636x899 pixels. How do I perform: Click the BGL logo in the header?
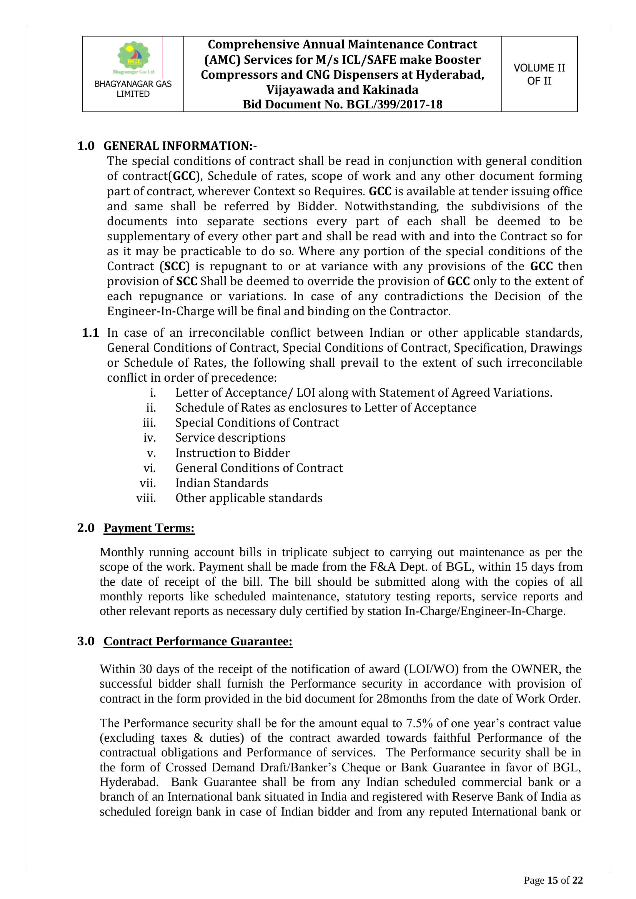point(134,58)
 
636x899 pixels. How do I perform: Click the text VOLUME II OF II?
point(539,74)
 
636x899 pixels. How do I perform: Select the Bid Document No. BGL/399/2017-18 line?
point(342,105)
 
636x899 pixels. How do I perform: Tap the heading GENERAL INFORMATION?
point(180,146)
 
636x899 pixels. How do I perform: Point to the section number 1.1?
point(90,333)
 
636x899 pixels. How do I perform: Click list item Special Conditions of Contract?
point(257,422)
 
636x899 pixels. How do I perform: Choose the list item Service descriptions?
point(230,437)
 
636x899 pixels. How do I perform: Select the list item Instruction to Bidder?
point(233,453)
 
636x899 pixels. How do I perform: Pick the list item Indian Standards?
point(221,483)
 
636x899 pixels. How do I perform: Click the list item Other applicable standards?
point(249,498)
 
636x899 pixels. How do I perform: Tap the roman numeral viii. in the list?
point(146,498)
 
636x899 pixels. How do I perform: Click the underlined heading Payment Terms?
point(149,528)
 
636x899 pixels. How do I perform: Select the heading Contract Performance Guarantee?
point(198,641)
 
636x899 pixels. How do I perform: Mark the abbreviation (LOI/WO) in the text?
point(431,669)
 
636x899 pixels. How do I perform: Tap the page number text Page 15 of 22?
point(553,881)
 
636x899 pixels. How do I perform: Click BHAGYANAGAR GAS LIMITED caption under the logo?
point(133,89)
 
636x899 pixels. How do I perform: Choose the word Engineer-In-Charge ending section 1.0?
point(161,311)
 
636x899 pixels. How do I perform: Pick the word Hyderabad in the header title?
point(450,75)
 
